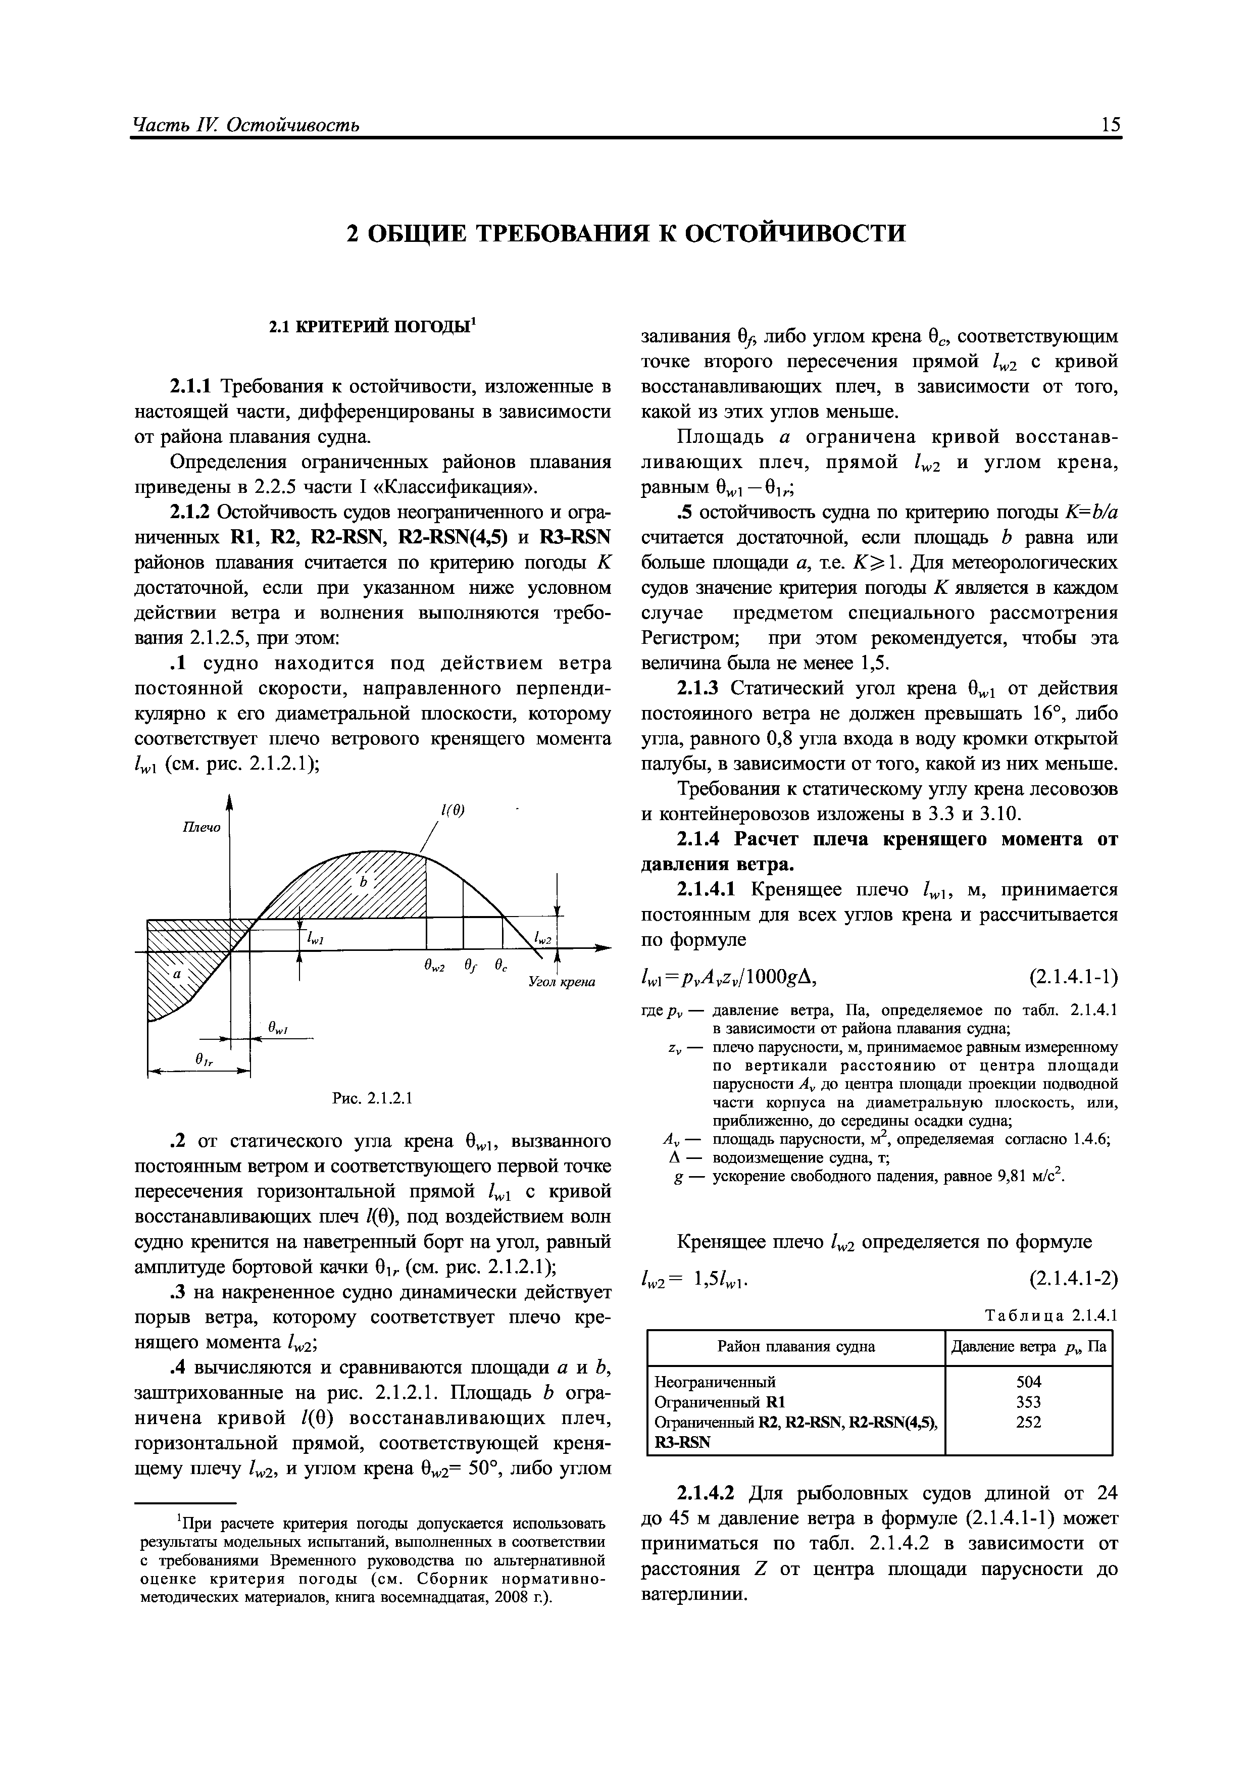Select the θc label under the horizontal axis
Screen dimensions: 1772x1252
(501, 966)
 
